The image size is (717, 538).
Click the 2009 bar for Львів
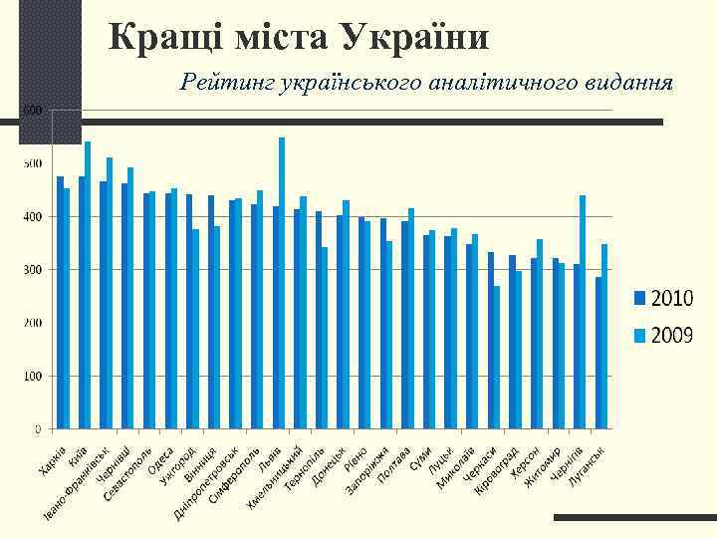[282, 283]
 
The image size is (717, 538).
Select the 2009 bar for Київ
[88, 285]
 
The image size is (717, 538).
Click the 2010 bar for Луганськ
[598, 353]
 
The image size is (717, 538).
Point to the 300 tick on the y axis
[32, 270]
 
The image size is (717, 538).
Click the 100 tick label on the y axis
[32, 377]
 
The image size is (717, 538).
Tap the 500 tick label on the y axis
[32, 163]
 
